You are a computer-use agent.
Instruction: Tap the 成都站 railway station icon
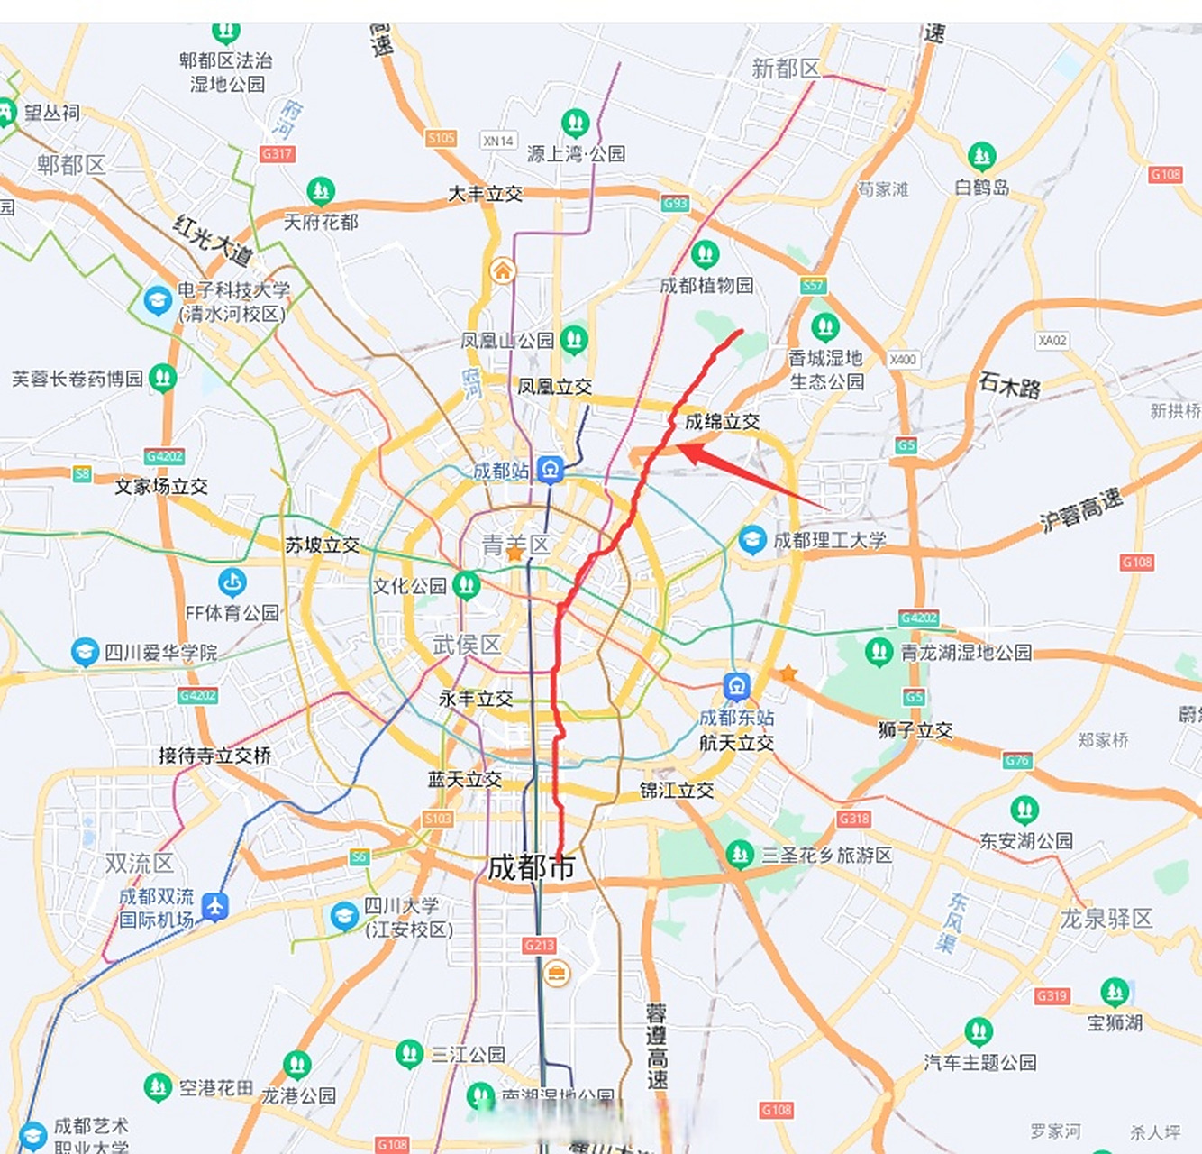[551, 469]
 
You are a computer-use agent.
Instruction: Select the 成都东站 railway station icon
[737, 687]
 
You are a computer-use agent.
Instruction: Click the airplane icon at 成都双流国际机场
[214, 906]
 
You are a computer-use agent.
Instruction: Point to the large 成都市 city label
[531, 867]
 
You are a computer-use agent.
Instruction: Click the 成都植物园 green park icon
[705, 255]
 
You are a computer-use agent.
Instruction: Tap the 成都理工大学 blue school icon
[752, 540]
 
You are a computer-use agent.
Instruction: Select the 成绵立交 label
[722, 421]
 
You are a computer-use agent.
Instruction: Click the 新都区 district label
[786, 69]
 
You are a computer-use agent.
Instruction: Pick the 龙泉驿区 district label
[1106, 919]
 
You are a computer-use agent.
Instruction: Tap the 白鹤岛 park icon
[981, 157]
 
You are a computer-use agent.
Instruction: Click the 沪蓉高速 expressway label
[1081, 510]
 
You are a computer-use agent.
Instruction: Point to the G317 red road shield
[277, 154]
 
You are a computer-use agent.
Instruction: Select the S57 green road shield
[813, 286]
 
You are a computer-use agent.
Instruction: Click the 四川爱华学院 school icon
[85, 652]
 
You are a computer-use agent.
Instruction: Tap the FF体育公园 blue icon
[232, 582]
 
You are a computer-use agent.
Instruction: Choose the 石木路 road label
[1009, 387]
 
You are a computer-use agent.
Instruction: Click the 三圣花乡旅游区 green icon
[739, 854]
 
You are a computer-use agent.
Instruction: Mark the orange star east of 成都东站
[788, 673]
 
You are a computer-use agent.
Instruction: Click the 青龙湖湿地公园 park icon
[879, 651]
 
